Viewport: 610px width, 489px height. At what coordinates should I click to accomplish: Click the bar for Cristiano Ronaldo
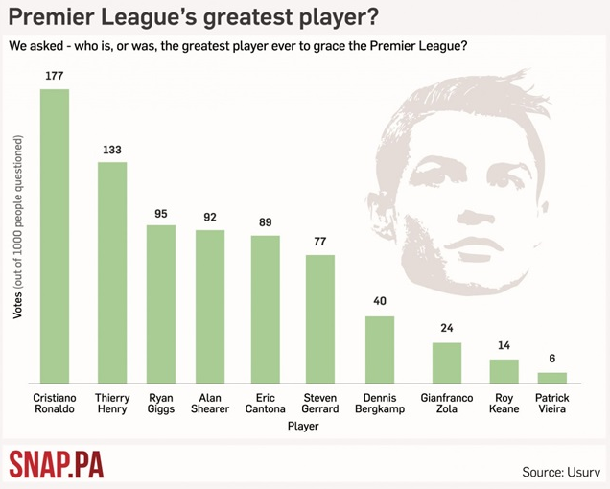54,236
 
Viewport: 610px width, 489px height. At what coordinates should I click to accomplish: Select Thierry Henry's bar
112,272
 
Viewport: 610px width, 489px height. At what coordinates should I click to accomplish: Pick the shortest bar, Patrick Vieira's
551,378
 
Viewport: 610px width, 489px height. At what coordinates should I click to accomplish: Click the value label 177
54,75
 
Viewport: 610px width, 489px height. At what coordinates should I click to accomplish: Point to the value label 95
161,213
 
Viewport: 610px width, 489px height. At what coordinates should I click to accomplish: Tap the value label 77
320,242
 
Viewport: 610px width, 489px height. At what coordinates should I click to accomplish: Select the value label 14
504,346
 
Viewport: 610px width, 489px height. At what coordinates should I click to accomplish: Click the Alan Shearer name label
210,403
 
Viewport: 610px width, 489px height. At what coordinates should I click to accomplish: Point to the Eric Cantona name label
266,403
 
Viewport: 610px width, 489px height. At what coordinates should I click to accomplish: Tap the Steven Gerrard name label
320,403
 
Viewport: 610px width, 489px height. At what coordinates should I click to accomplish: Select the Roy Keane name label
504,403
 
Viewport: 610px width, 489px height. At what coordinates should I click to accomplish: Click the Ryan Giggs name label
161,403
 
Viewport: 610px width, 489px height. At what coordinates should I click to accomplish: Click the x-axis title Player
303,428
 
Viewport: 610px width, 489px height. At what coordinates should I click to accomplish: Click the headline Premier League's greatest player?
192,18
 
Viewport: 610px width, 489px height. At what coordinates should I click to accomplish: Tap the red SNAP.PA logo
56,465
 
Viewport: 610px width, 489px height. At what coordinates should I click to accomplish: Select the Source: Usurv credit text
561,471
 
